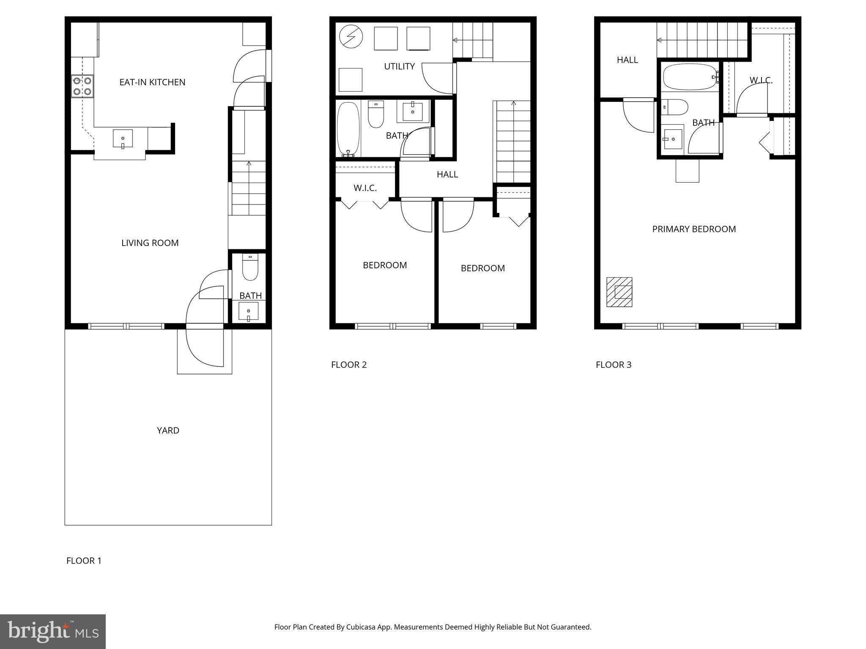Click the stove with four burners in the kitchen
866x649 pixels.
pyautogui.click(x=82, y=86)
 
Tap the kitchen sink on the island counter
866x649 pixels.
pyautogui.click(x=123, y=139)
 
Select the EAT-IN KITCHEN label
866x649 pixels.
pyautogui.click(x=152, y=82)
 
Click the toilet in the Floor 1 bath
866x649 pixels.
pyautogui.click(x=250, y=268)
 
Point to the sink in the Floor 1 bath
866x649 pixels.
pyautogui.click(x=248, y=311)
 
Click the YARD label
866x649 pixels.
pyautogui.click(x=168, y=430)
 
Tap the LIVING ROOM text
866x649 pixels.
pyautogui.click(x=150, y=243)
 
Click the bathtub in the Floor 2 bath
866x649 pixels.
pyautogui.click(x=348, y=128)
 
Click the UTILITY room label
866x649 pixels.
pyautogui.click(x=399, y=66)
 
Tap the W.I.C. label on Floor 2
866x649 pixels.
pyautogui.click(x=365, y=188)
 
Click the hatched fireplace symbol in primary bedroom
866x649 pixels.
pyautogui.click(x=619, y=292)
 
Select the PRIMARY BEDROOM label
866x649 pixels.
pyautogui.click(x=694, y=229)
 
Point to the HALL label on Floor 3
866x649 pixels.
pyautogui.click(x=627, y=60)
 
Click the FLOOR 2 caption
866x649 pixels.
pyautogui.click(x=348, y=365)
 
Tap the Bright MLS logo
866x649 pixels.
pyautogui.click(x=52, y=631)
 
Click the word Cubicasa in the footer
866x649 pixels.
pyautogui.click(x=362, y=627)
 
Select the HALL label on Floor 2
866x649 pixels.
pyautogui.click(x=447, y=174)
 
